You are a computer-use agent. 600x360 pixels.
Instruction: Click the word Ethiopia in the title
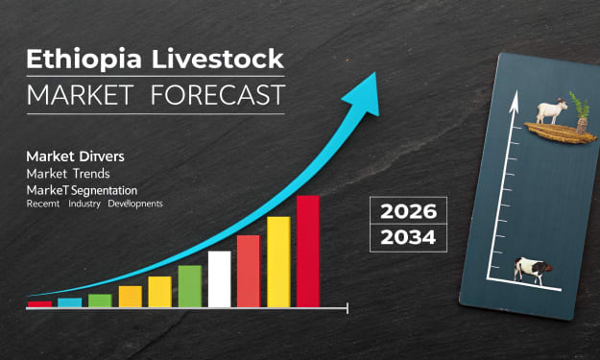coord(84,60)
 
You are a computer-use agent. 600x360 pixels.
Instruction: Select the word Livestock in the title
coord(218,59)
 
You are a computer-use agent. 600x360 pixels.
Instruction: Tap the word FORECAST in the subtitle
coord(218,95)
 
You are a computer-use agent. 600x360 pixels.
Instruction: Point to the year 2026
coord(408,211)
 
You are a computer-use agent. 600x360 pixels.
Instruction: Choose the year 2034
coord(408,237)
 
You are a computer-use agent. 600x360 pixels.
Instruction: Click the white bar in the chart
coord(219,279)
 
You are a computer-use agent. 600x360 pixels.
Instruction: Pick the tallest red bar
coord(308,252)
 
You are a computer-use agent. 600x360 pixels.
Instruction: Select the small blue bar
coord(70,302)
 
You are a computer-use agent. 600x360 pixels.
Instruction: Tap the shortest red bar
coord(39,304)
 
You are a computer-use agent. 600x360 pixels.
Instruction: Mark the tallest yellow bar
coord(278,262)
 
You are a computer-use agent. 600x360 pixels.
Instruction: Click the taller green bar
coord(190,286)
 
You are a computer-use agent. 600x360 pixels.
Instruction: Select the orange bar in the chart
coord(131,297)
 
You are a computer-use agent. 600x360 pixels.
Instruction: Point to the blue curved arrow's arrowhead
coord(364,94)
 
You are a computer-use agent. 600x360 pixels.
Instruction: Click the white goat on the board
coord(551,111)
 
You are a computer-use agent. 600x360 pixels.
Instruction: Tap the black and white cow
coord(532,271)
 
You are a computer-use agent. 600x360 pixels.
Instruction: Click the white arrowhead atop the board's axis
coord(514,102)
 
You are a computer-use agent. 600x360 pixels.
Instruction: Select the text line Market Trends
coord(68,174)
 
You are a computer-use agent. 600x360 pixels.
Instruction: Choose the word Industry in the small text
coord(84,204)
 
